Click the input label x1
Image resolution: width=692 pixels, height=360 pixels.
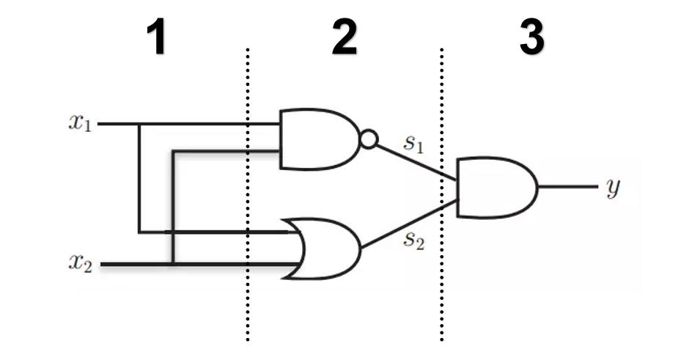point(81,122)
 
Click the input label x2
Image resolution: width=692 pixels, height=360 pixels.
point(81,263)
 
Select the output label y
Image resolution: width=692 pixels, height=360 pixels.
point(613,188)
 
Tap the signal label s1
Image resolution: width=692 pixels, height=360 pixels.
point(413,143)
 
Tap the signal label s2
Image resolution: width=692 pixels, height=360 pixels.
point(414,240)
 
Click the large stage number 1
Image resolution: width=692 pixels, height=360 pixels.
point(156,37)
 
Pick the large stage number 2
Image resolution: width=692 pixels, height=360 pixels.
point(345,37)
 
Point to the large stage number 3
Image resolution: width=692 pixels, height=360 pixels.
point(531,37)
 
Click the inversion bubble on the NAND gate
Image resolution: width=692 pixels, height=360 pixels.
point(369,139)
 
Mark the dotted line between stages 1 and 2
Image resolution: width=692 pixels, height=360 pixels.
point(248,194)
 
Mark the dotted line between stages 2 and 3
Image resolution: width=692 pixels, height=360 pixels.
point(441,194)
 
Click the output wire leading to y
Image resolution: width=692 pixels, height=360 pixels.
point(568,187)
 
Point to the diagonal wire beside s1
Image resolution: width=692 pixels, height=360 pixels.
point(416,162)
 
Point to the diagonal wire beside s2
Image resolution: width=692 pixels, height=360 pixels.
point(410,224)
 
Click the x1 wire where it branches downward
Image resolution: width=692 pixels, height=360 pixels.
point(139,124)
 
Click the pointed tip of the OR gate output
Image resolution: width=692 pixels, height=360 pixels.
point(361,249)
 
